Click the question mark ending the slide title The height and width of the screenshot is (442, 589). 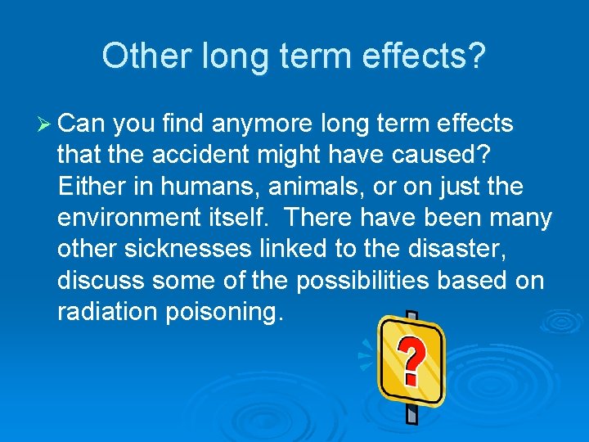click(x=475, y=56)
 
